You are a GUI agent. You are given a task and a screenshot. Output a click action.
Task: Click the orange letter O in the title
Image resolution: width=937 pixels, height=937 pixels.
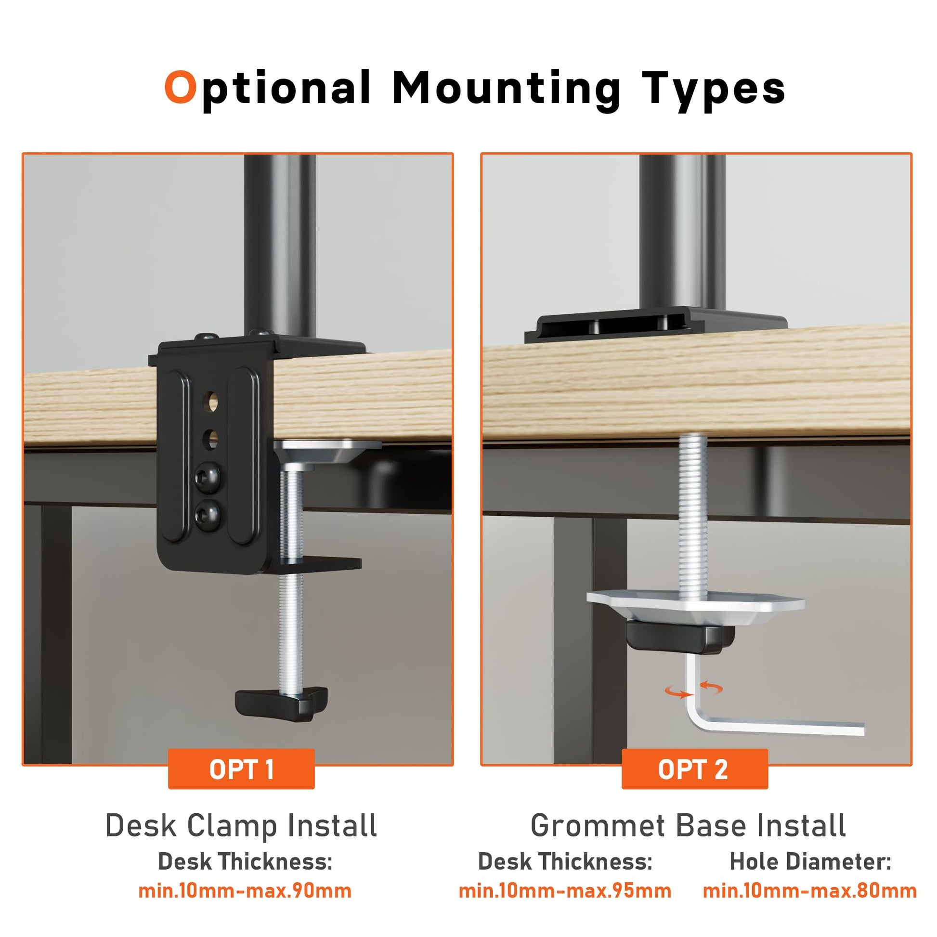point(181,87)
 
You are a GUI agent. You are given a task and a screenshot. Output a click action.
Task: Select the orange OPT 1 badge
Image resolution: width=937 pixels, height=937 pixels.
point(241,769)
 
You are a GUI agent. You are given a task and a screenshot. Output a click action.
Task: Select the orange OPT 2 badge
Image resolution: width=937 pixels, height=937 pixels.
point(694,769)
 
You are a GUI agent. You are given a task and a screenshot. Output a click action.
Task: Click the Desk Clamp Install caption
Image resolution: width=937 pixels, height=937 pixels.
point(241,826)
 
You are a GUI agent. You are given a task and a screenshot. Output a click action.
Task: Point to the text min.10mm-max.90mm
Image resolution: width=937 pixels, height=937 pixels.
point(245,891)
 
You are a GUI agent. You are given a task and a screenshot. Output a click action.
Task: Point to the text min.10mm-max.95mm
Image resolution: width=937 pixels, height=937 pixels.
point(565,891)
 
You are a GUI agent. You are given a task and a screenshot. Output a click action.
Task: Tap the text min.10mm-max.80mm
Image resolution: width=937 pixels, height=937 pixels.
point(810,891)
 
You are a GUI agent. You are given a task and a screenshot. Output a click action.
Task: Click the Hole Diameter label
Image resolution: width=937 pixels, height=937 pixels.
point(810,862)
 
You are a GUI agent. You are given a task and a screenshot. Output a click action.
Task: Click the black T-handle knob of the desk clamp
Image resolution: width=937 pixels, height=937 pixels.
point(281,703)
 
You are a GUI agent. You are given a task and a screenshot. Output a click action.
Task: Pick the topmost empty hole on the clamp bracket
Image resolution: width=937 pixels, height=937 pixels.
point(212,403)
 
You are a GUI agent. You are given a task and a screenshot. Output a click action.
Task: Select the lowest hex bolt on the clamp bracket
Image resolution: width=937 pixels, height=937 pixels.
point(208,516)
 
